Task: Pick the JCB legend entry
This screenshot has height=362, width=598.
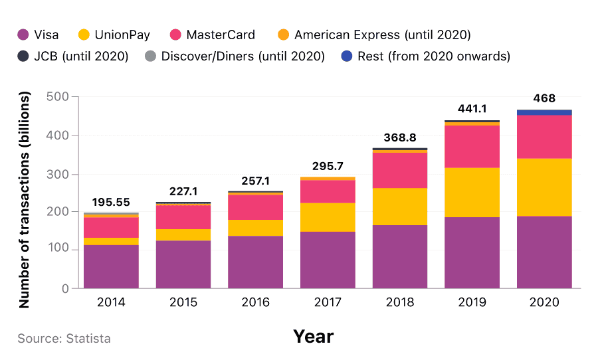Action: click(x=73, y=56)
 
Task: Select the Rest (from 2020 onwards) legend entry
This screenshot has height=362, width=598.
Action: click(x=425, y=56)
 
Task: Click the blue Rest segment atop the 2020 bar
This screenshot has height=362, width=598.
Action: click(x=544, y=112)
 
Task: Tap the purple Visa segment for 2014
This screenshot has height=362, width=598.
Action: click(x=111, y=266)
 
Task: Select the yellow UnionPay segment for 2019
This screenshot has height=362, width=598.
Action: click(x=472, y=193)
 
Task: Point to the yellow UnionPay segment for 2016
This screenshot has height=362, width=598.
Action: click(x=255, y=228)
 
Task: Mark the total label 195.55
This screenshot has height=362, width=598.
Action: click(x=111, y=203)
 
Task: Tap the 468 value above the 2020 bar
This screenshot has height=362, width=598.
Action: click(x=544, y=98)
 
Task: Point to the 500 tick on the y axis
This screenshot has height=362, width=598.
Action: click(x=58, y=97)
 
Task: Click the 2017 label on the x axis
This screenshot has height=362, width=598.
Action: click(x=328, y=302)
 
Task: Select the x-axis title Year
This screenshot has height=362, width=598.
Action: click(x=313, y=337)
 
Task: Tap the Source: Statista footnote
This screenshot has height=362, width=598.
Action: click(x=64, y=339)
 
